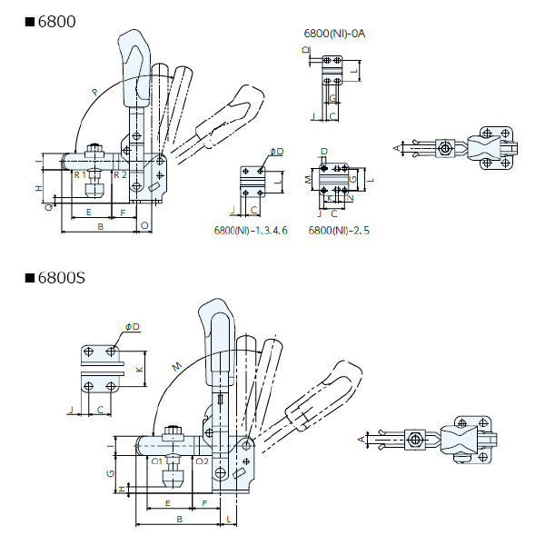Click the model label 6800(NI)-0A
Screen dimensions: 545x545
pos(334,34)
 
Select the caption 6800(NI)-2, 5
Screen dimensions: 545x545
pos(338,231)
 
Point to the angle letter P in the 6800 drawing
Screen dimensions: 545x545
pos(95,92)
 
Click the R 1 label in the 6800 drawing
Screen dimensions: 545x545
pos(80,173)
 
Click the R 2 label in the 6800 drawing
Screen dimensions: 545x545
pos(119,173)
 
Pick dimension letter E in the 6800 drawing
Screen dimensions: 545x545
pos(88,211)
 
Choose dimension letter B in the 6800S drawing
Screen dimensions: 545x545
pos(181,519)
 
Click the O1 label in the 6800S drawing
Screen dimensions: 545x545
pos(156,461)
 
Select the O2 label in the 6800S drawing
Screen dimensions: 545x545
pos(201,461)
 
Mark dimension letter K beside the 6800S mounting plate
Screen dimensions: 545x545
pos(139,371)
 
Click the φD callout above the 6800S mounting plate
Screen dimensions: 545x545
pos(133,327)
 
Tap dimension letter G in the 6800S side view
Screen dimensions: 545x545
pos(110,474)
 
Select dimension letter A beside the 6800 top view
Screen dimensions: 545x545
pos(396,146)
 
